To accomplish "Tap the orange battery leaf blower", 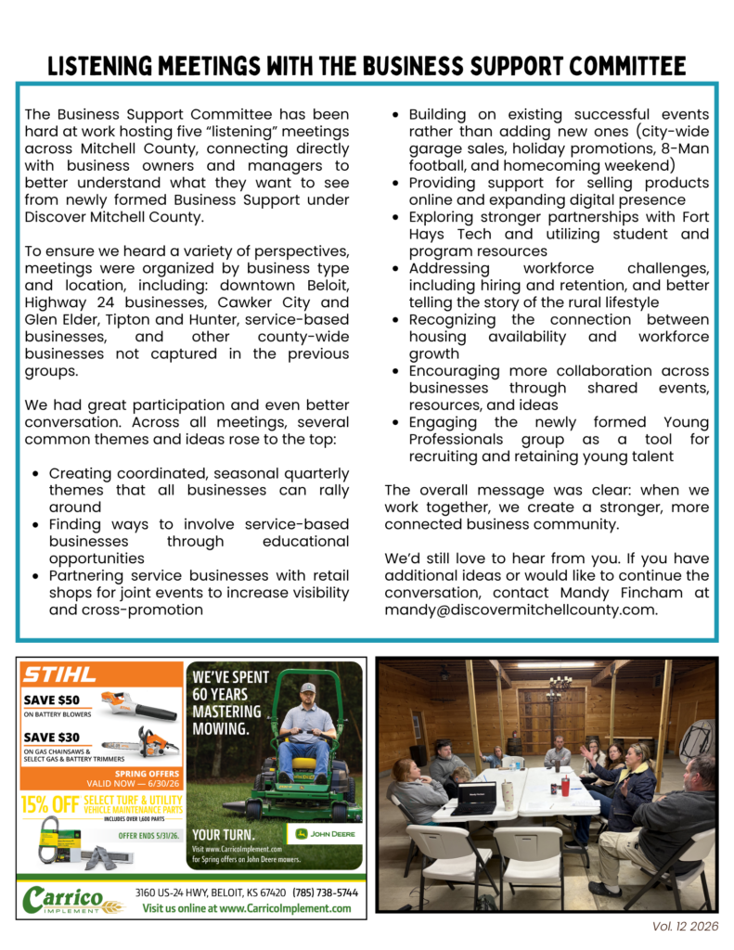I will pos(140,708).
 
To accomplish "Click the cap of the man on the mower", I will pos(306,689).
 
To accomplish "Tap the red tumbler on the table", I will pos(563,787).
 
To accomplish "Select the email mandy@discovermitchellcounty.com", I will pos(521,610).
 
